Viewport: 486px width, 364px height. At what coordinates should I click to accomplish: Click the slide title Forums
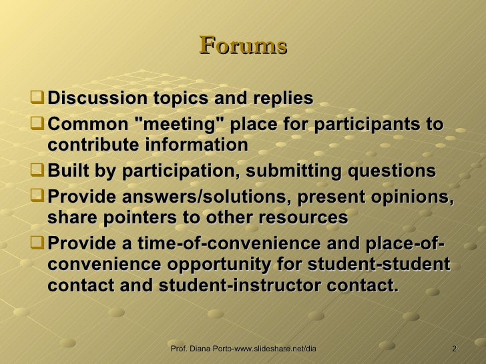click(243, 46)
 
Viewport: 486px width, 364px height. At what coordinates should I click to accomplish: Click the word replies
click(280, 99)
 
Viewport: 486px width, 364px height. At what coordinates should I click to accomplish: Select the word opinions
click(409, 198)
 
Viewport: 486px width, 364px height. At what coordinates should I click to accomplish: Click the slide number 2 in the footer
click(454, 349)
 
